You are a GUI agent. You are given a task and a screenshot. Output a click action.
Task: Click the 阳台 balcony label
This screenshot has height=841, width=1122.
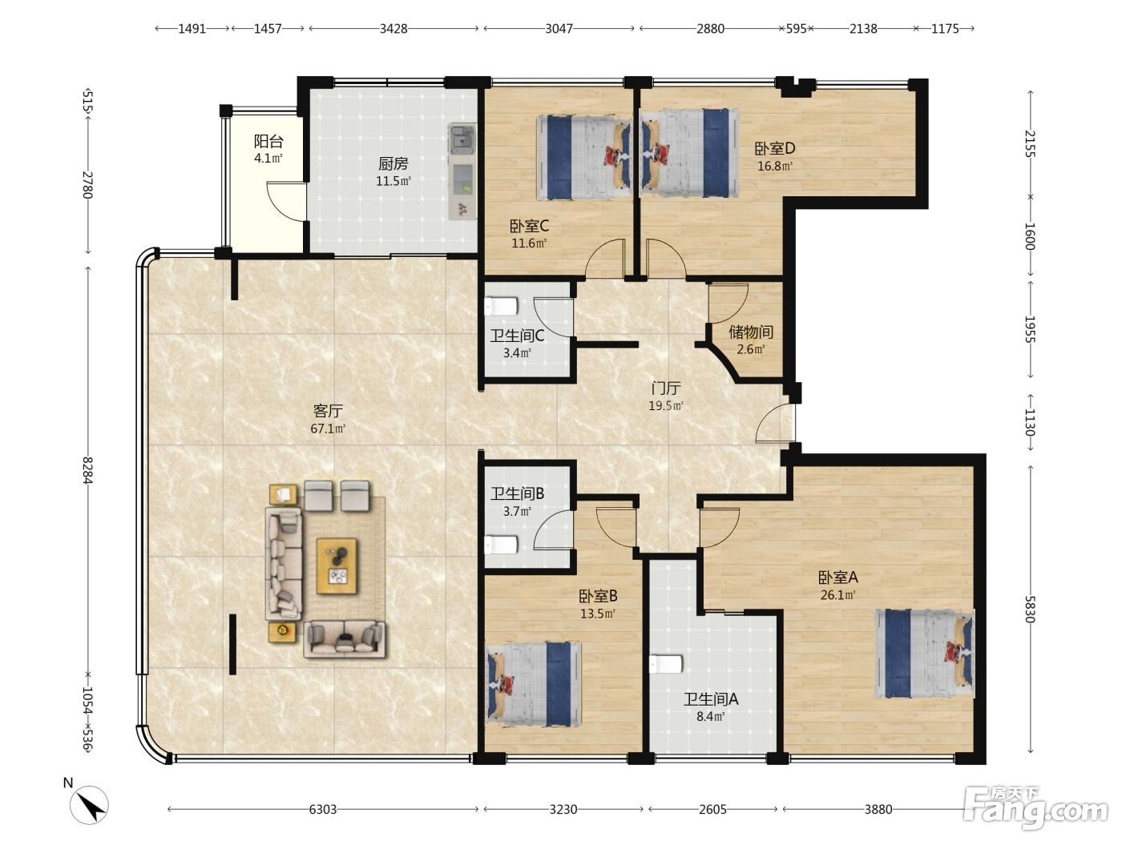coord(268,141)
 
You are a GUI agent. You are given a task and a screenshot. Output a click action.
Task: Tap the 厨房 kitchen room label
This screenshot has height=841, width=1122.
coord(393,163)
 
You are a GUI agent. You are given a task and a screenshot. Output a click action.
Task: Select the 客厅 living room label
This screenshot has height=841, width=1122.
coord(328,411)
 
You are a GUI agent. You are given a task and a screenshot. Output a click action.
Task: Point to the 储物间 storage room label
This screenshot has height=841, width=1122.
coord(750,332)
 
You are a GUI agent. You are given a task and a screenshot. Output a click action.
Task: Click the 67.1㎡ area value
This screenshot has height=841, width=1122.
coord(328,429)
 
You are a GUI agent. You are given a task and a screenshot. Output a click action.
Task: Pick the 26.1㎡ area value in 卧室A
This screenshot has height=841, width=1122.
coord(837,595)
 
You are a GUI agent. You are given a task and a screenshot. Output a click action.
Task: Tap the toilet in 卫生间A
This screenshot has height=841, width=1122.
coord(666,664)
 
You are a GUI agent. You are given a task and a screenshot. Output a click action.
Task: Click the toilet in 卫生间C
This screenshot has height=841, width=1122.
coord(501,306)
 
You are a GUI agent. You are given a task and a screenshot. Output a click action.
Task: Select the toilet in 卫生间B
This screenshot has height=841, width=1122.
coord(501,545)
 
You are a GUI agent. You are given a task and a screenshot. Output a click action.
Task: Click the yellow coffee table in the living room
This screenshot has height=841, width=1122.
coord(337,565)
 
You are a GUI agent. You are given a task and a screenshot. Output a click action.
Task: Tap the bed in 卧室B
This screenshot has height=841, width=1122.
coord(535,684)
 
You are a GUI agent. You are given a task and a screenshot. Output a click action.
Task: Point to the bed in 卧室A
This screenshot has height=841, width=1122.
coord(925,653)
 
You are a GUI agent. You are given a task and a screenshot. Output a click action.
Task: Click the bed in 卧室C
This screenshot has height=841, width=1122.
coord(583,157)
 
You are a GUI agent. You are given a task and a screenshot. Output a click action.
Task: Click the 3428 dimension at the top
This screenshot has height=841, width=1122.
coord(393,29)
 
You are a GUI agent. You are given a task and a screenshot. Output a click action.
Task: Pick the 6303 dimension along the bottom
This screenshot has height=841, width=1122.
coord(322,809)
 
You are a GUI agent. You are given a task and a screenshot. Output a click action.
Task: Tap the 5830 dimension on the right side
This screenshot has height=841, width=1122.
coord(1030,610)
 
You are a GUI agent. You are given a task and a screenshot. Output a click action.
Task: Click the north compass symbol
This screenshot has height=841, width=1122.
coord(89,805)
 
